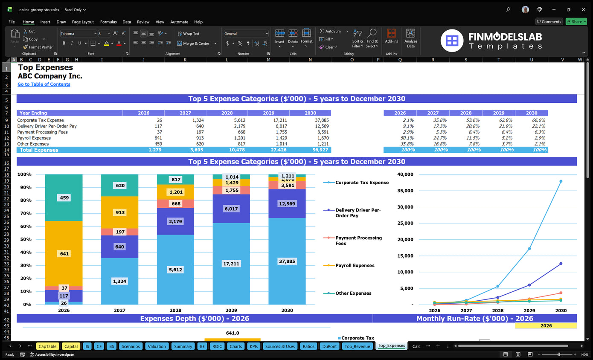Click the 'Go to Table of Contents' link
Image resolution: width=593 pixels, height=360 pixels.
point(44,84)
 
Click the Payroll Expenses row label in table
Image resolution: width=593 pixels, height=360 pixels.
point(34,138)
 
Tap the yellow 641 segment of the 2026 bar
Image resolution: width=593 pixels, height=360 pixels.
point(64,254)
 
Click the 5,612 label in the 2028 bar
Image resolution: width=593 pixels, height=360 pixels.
point(175,270)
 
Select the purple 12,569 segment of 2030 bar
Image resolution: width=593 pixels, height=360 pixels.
point(287,204)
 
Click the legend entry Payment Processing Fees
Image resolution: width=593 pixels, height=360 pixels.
point(358,241)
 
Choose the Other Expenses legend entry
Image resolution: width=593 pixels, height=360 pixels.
point(353,293)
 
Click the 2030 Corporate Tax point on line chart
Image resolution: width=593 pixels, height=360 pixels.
point(561,181)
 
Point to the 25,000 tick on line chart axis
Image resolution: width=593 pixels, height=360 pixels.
point(405,223)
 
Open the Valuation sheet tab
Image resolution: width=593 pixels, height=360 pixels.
point(157,346)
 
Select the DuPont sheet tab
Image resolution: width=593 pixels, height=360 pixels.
point(329,346)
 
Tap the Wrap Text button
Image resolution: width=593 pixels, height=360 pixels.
point(188,34)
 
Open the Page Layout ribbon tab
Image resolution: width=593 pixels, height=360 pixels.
point(83,22)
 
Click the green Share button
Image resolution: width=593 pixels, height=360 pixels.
point(576,22)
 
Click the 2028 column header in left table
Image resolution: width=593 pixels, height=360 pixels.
point(227,113)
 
